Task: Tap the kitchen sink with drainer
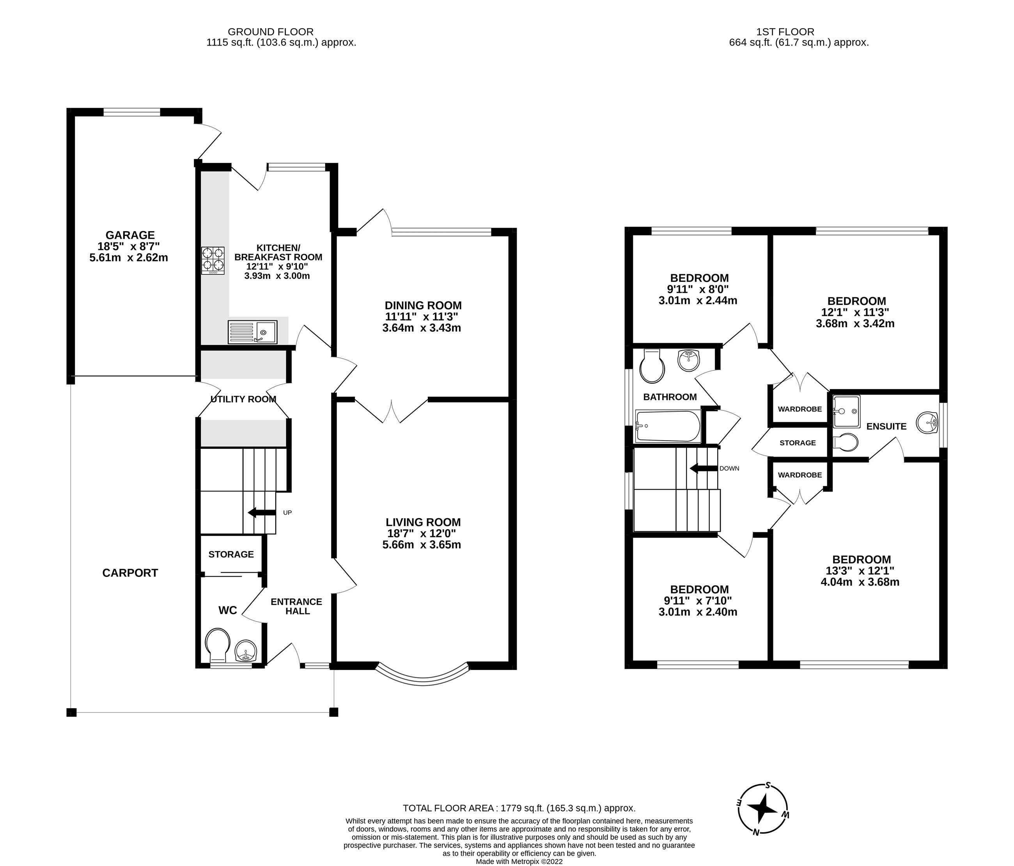click(252, 332)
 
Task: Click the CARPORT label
click(130, 573)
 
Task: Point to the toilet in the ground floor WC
click(217, 645)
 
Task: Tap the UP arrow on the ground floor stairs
click(261, 513)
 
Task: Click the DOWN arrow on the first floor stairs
click(703, 469)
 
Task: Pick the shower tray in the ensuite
click(846, 411)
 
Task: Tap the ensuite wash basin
click(926, 423)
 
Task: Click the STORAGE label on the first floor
click(797, 443)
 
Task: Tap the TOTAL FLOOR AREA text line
click(519, 808)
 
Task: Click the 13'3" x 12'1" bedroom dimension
click(859, 570)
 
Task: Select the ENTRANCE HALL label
click(296, 606)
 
